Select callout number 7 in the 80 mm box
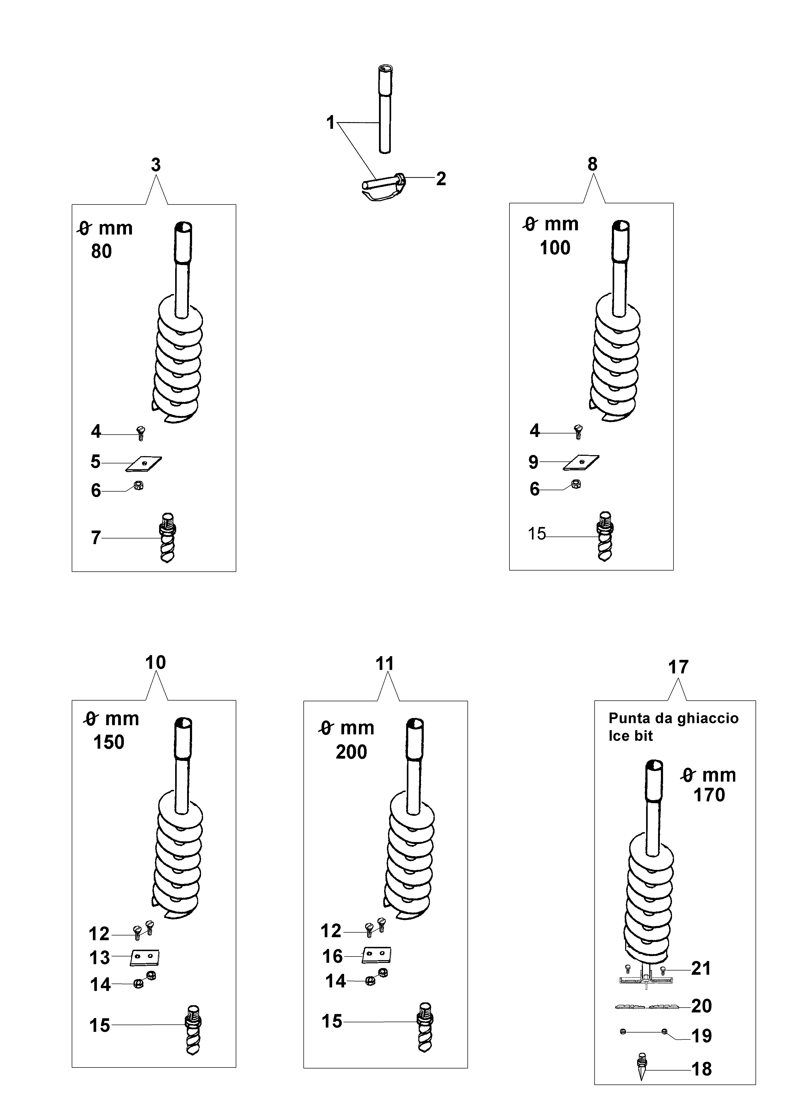coord(96,538)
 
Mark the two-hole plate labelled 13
coord(145,957)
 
